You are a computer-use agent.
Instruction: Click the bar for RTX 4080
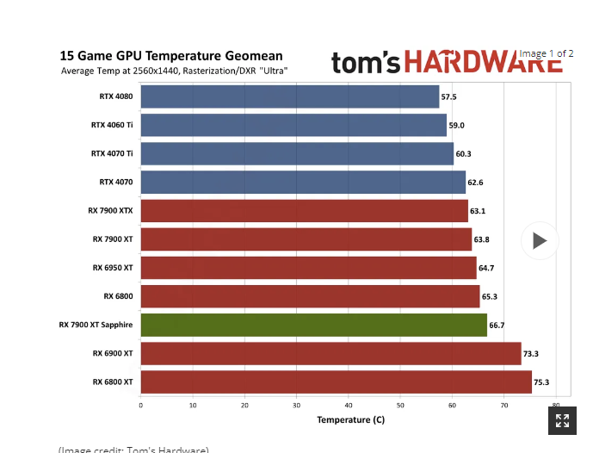point(289,96)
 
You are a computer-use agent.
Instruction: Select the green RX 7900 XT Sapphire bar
point(313,325)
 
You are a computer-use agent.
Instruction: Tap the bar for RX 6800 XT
point(336,382)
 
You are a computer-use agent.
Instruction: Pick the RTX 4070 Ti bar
point(297,153)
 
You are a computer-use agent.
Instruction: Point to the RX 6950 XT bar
point(308,268)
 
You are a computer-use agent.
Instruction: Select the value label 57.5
point(449,97)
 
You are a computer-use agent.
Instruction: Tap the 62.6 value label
point(475,183)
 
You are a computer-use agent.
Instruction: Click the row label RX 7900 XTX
point(110,211)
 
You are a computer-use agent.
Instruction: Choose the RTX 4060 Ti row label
point(112,125)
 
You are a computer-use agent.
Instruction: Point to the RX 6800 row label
point(118,296)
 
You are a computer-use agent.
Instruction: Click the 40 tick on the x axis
point(349,405)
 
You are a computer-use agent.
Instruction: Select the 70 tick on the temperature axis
point(504,405)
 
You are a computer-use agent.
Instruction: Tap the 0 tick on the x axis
point(141,405)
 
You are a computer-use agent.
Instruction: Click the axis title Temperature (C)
point(350,420)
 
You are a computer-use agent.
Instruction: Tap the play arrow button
point(540,241)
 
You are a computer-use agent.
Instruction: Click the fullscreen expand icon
point(562,420)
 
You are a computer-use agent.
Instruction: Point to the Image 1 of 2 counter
point(546,53)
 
